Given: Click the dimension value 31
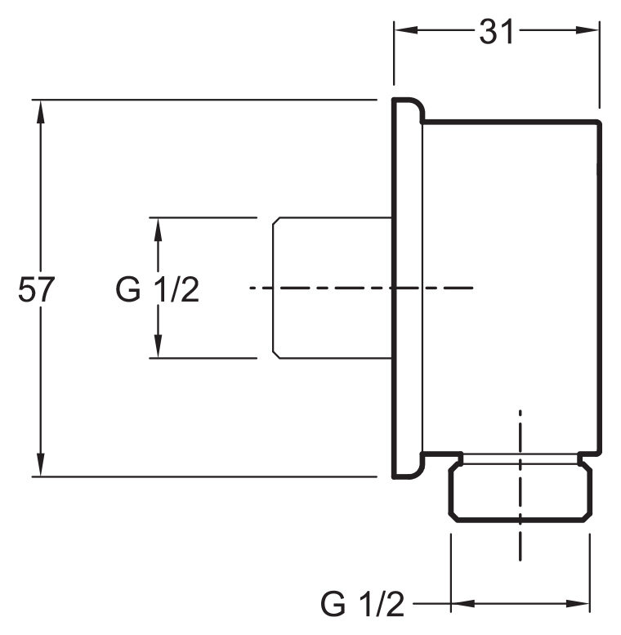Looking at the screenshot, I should coord(496,32).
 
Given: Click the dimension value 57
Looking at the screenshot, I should coord(35,290).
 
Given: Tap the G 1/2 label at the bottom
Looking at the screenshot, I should coord(363,605).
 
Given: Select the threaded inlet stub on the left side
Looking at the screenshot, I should coord(331,287).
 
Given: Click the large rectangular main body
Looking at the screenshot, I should coord(511,245).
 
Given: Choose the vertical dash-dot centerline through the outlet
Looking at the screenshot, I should coord(520,539).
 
